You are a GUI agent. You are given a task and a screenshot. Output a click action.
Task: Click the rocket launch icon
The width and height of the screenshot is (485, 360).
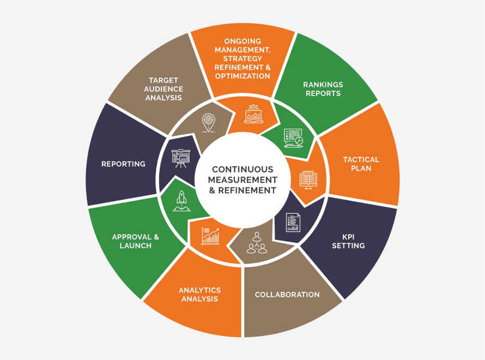182,201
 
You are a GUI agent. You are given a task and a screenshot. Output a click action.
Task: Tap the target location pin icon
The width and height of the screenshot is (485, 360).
209,123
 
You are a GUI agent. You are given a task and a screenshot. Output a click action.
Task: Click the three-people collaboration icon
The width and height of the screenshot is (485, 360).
257,243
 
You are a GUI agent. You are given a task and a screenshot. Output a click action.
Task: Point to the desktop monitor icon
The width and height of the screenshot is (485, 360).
308,180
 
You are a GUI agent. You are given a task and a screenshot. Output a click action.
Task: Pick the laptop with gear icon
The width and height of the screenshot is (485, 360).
253,114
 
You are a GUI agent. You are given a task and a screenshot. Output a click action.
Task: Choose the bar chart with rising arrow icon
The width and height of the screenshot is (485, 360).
211,237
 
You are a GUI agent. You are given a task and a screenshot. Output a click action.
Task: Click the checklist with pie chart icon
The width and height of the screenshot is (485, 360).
293,138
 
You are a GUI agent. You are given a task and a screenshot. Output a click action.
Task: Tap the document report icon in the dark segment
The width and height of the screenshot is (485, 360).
293,222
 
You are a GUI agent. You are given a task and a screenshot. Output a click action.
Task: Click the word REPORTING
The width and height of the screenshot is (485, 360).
123,164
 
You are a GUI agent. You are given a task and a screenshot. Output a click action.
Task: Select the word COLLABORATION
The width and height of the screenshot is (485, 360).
287,295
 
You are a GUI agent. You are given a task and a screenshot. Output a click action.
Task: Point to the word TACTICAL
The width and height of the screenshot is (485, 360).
361,160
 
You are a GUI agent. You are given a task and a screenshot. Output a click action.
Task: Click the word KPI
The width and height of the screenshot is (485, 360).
348,237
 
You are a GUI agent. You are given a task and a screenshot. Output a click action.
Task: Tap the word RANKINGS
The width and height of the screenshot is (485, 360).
323,85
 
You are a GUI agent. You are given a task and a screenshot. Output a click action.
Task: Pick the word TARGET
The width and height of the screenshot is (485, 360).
163,81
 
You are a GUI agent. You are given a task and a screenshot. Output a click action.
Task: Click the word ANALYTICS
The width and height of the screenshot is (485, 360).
200,290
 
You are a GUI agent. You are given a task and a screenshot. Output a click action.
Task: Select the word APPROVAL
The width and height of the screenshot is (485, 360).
132,237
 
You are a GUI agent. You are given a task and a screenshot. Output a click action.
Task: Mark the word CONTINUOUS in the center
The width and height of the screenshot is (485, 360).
242,169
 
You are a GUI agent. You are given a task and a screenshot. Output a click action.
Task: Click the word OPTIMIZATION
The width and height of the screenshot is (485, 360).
242,76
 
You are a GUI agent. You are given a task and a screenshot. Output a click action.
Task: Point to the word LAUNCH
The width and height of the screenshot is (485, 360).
136,246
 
